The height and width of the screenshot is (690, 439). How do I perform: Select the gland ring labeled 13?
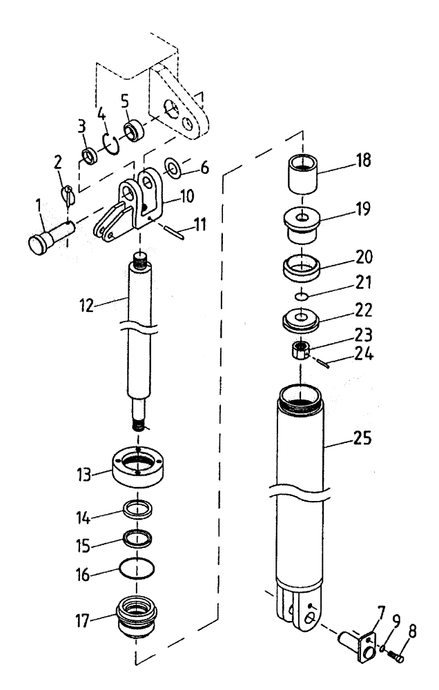[x=138, y=469]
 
